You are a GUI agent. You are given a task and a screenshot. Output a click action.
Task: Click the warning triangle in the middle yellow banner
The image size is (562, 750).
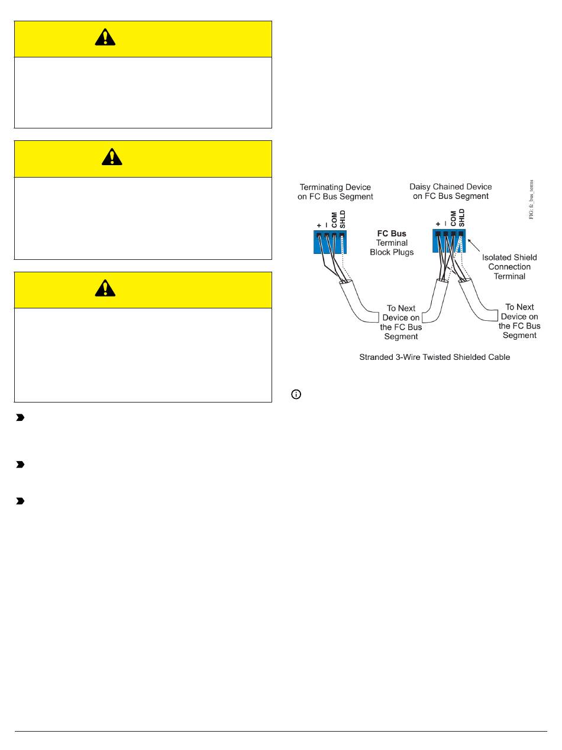tap(112, 157)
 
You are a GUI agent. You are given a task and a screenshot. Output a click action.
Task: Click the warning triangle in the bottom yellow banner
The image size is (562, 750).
tap(105, 288)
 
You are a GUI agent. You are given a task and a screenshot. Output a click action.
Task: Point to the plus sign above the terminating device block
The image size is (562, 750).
tap(319, 225)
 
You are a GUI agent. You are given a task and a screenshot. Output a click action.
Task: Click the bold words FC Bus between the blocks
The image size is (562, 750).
tap(392, 234)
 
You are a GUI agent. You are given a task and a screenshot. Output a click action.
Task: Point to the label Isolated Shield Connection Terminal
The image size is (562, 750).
tap(509, 266)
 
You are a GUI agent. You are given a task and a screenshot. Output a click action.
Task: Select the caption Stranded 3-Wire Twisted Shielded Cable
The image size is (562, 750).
tap(434, 358)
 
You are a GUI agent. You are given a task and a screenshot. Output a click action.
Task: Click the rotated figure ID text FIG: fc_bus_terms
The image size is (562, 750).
tap(531, 199)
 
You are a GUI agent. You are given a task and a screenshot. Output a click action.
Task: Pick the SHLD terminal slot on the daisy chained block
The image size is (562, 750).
tap(461, 234)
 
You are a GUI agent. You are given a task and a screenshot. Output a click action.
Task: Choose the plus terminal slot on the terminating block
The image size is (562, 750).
tap(319, 235)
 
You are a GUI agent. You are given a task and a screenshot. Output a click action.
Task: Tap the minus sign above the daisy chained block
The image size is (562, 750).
tap(445, 225)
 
